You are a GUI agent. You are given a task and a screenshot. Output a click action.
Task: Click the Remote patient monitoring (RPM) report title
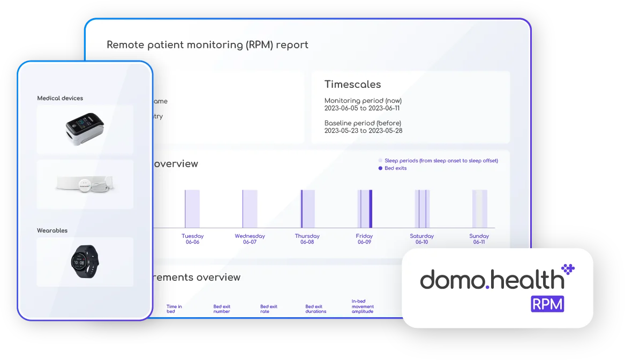[x=207, y=45]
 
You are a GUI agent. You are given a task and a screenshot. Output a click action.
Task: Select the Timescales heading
[x=352, y=85]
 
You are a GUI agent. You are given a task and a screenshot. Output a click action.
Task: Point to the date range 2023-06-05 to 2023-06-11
[x=362, y=108]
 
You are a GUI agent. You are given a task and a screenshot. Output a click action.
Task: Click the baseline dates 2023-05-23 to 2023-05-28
[x=363, y=131]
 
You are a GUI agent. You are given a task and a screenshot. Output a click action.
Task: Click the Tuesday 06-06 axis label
[x=192, y=239]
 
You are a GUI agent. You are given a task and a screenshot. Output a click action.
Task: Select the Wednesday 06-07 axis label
[x=250, y=239]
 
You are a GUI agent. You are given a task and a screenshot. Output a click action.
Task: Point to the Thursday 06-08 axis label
[x=307, y=239]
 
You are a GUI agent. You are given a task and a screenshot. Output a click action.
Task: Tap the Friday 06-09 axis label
[x=364, y=239]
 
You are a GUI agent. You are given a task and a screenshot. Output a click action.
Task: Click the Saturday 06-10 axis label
[x=421, y=239]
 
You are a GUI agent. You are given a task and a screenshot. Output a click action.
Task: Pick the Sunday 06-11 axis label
[x=479, y=239]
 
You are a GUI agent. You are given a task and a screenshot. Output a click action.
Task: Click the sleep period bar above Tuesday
[x=192, y=209]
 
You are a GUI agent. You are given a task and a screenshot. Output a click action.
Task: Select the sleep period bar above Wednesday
[x=250, y=209]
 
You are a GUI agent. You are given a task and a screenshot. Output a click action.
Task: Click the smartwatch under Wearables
[x=85, y=261]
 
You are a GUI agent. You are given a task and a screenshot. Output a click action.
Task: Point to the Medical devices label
[x=60, y=98]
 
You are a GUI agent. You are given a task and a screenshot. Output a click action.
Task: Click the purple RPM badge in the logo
[x=547, y=304]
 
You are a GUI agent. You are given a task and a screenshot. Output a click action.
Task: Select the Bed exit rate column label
[x=269, y=309]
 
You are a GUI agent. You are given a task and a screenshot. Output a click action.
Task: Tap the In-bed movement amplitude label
[x=363, y=306]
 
